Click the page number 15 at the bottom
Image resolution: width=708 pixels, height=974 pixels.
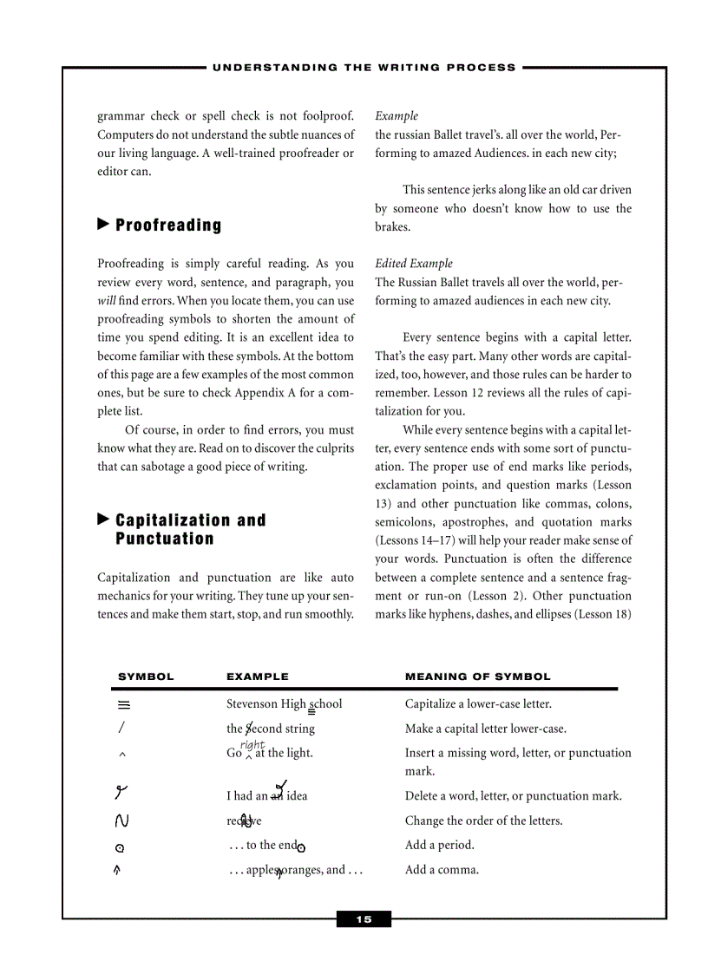364,919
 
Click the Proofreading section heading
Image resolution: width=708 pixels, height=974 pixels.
168,226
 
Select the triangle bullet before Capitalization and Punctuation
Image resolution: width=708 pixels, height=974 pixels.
103,520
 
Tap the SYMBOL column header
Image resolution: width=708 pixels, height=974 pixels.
146,677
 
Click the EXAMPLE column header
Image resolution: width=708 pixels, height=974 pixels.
258,677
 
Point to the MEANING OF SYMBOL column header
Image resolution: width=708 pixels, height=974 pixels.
477,677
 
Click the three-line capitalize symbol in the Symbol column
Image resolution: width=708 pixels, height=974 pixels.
123,704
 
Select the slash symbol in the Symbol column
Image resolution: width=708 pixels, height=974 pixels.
122,729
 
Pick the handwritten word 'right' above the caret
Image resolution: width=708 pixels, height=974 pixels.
252,744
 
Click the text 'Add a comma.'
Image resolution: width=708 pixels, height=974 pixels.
442,869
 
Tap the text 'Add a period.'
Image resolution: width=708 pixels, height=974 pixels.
440,845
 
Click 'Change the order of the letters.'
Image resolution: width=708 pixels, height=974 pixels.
483,820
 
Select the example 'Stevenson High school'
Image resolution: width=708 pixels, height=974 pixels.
284,704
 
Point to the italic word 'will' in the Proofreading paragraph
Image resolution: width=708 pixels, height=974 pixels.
107,301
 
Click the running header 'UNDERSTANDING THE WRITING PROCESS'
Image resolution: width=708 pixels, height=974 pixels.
364,67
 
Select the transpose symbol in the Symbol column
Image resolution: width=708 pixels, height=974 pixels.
122,820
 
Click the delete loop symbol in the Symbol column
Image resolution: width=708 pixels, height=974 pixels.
122,792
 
